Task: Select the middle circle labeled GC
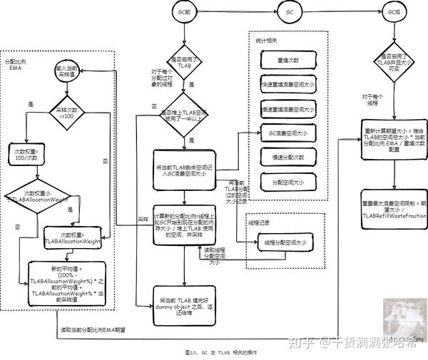click(290, 13)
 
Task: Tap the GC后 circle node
click(391, 13)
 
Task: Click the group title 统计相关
click(266, 41)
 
